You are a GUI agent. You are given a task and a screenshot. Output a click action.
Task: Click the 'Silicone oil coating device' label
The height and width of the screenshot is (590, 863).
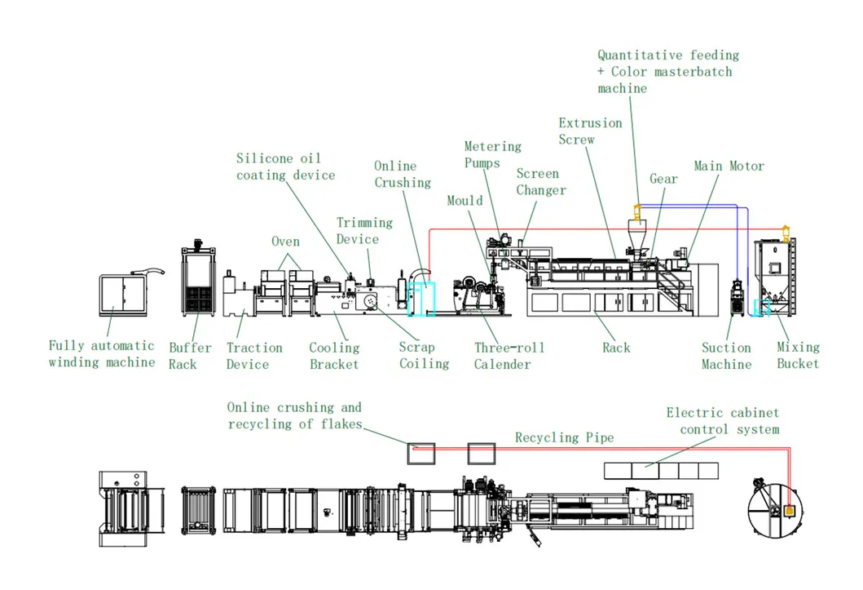[x=286, y=167]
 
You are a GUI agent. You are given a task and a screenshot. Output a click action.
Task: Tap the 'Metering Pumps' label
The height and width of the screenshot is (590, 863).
[x=492, y=155]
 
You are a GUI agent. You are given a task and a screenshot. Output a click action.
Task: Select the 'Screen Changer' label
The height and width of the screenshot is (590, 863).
[x=541, y=182]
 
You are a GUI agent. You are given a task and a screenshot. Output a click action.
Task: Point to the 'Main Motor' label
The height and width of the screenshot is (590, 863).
[x=729, y=166]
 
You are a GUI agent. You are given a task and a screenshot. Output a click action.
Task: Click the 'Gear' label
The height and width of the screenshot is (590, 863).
[x=663, y=179]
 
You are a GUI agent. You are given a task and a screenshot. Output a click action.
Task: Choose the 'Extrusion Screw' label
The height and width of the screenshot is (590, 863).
[x=590, y=131]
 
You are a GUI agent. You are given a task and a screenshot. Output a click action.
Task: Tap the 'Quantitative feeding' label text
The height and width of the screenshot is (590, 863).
[x=668, y=55]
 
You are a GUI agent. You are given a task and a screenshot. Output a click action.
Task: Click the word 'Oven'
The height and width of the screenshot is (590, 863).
[x=286, y=242]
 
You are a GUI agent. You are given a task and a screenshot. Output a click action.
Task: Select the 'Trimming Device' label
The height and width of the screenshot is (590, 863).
[x=364, y=231]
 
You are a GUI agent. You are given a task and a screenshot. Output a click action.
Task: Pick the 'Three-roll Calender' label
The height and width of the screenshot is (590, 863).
[x=509, y=356]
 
